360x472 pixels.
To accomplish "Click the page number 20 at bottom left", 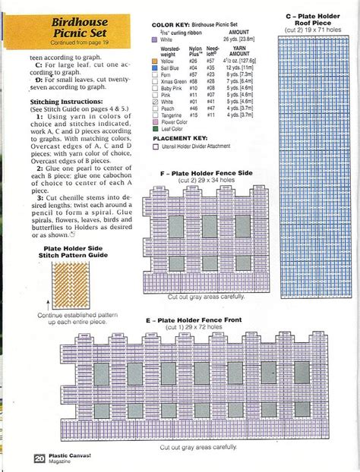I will coord(38,458).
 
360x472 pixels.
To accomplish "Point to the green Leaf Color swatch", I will coord(155,129).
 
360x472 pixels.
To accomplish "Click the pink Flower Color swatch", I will coord(155,121).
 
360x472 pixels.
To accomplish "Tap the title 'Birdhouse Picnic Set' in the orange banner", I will coord(80,30).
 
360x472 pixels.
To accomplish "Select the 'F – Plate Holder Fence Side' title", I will coord(205,174).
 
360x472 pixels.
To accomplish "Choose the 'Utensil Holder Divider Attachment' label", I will coord(201,146).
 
